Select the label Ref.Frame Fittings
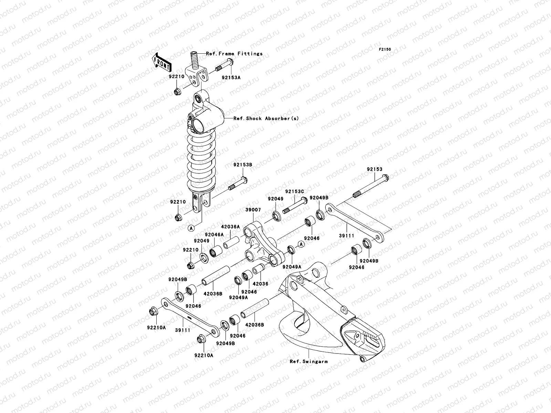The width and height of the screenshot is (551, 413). [x=234, y=53]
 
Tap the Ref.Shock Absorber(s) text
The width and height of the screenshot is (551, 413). [x=266, y=118]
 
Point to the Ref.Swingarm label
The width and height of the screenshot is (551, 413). [x=309, y=361]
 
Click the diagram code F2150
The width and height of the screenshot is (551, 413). [x=385, y=50]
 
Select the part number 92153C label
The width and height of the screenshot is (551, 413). [x=295, y=191]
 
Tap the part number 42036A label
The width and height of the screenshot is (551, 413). [x=230, y=226]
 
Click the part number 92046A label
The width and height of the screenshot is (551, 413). [x=215, y=234]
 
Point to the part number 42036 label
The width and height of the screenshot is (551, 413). [x=260, y=284]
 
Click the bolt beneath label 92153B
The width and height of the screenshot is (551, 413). [x=238, y=184]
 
